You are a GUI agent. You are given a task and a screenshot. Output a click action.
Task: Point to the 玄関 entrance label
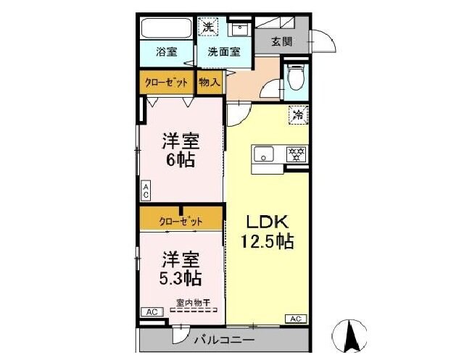[x=282, y=41]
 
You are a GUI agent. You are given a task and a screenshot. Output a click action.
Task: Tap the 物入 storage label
[x=210, y=83]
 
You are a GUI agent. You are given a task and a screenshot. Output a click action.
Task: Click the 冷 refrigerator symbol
[x=298, y=114]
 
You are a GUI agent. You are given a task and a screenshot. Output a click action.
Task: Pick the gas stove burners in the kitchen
[x=295, y=154]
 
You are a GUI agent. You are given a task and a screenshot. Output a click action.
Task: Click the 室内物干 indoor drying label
[x=193, y=303]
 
